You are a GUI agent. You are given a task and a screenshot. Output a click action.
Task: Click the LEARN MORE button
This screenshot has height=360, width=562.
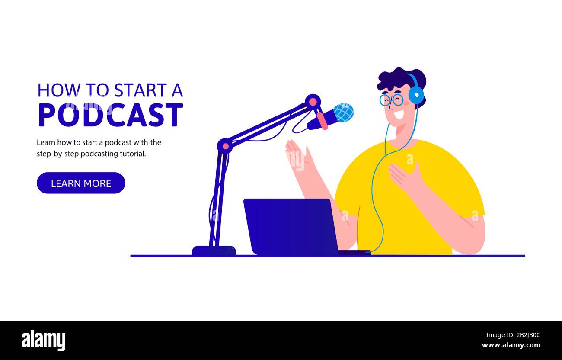pos(81,183)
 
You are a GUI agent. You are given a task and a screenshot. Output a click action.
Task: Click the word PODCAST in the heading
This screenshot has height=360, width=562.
pos(110,115)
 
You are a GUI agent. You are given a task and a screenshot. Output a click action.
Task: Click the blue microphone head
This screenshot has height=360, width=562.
pos(343,112)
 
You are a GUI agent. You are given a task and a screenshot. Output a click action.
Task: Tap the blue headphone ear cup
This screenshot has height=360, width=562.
pos(416,95)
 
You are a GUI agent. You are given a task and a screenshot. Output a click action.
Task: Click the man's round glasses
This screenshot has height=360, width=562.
pos(391,100)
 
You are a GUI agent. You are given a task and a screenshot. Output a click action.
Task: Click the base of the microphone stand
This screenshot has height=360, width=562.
pos(214,251)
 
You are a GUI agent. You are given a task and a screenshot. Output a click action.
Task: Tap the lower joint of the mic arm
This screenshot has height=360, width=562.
pos(225,146)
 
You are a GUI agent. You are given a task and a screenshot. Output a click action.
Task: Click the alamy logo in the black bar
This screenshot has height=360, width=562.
pos(43,341)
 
